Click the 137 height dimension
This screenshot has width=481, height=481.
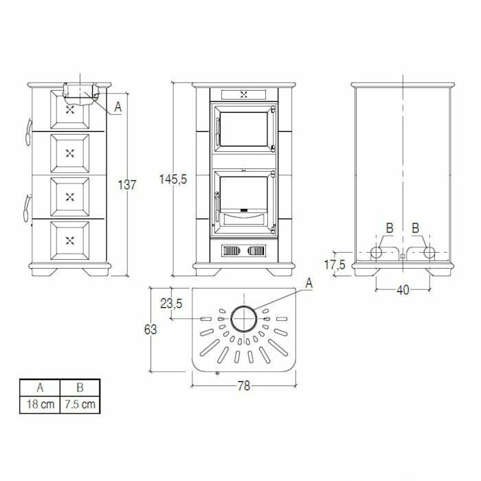[128, 185]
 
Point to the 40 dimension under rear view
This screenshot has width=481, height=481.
[403, 291]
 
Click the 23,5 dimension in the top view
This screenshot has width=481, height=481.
[171, 304]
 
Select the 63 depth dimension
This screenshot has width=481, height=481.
[150, 329]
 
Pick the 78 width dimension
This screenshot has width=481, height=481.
[243, 385]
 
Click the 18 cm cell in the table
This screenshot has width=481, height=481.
[39, 404]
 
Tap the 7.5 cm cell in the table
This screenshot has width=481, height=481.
[80, 404]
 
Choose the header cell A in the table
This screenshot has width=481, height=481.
[39, 387]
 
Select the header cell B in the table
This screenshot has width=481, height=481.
[80, 387]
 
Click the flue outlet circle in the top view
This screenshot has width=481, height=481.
[244, 319]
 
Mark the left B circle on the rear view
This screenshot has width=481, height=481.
[378, 253]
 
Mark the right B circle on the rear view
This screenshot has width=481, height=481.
[429, 253]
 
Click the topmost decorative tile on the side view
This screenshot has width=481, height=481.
[69, 109]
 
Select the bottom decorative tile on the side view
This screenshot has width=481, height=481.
[69, 240]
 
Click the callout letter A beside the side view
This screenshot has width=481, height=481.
[118, 107]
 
